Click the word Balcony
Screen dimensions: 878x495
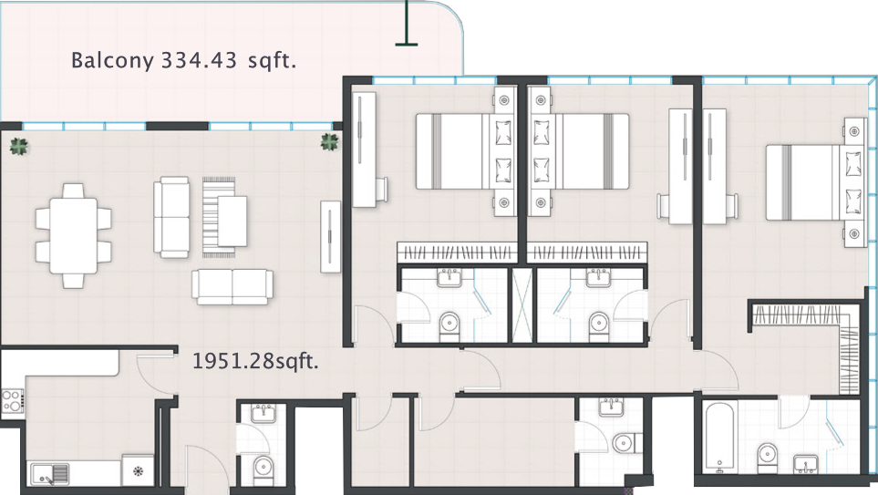[112, 60]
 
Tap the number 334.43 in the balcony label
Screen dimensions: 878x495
[199, 60]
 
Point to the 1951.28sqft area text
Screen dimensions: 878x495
[255, 361]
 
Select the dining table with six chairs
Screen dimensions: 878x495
[73, 236]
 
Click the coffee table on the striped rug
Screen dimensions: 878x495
[232, 222]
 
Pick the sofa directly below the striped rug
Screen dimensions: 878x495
[232, 286]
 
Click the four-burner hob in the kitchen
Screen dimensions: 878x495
[12, 401]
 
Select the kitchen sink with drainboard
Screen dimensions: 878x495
[50, 474]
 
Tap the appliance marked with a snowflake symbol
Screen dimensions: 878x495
[138, 470]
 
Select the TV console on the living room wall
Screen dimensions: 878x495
[330, 236]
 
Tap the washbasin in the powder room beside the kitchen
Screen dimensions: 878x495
[263, 413]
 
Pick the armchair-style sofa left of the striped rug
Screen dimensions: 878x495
[171, 217]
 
